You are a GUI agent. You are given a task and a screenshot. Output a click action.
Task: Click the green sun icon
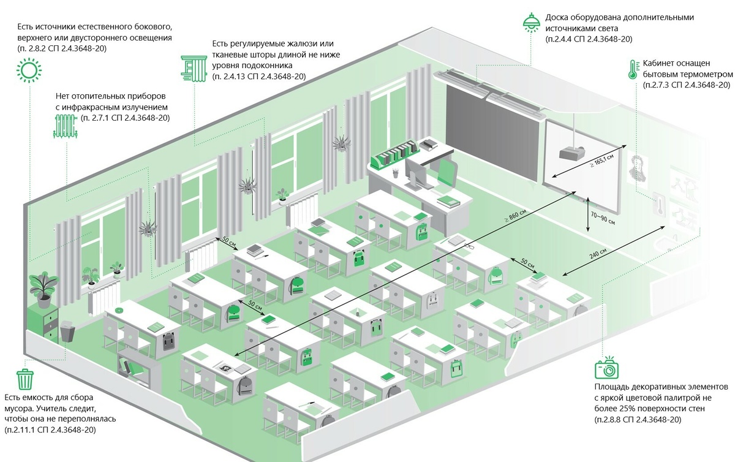pos(29,70)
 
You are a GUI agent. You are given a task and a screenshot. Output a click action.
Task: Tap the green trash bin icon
pos(25,379)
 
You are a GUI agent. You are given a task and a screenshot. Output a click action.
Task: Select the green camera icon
pos(607,368)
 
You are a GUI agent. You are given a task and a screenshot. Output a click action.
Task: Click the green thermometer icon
pos(633,69)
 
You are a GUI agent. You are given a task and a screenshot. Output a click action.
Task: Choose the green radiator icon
pos(66,126)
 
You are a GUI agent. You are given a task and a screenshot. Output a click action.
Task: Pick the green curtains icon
pos(194,68)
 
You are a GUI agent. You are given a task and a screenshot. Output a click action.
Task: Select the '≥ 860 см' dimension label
pos(515,216)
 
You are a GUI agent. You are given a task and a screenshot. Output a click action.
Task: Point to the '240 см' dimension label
pos(598,254)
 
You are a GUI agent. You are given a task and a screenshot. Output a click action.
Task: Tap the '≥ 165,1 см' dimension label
pos(601,161)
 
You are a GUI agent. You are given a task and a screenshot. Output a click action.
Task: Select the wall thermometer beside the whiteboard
pos(659,204)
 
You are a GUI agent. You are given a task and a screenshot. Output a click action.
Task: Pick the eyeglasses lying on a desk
pos(469,245)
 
